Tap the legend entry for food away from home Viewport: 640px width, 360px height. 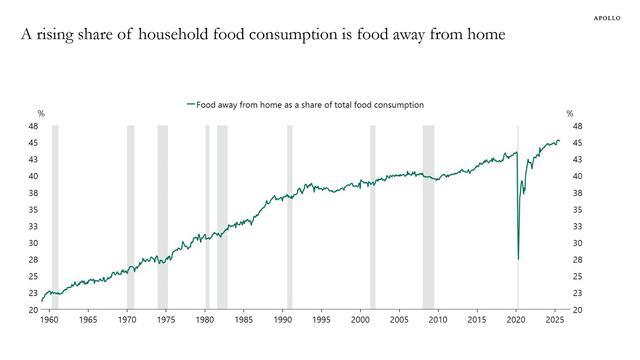(x=306, y=104)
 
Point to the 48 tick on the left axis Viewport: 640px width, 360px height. (x=33, y=127)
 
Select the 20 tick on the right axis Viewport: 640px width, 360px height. (x=577, y=310)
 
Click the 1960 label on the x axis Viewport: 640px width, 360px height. (x=49, y=321)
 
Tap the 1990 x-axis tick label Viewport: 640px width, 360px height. (x=283, y=321)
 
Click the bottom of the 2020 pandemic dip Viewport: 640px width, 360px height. (x=518, y=259)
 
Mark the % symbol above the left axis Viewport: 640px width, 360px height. (x=41, y=113)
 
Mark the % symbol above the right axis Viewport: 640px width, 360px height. (x=570, y=113)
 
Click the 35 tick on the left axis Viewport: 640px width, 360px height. (x=33, y=210)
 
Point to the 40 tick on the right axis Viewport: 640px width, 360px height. (x=577, y=177)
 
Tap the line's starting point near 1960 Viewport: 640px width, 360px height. (x=42, y=299)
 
